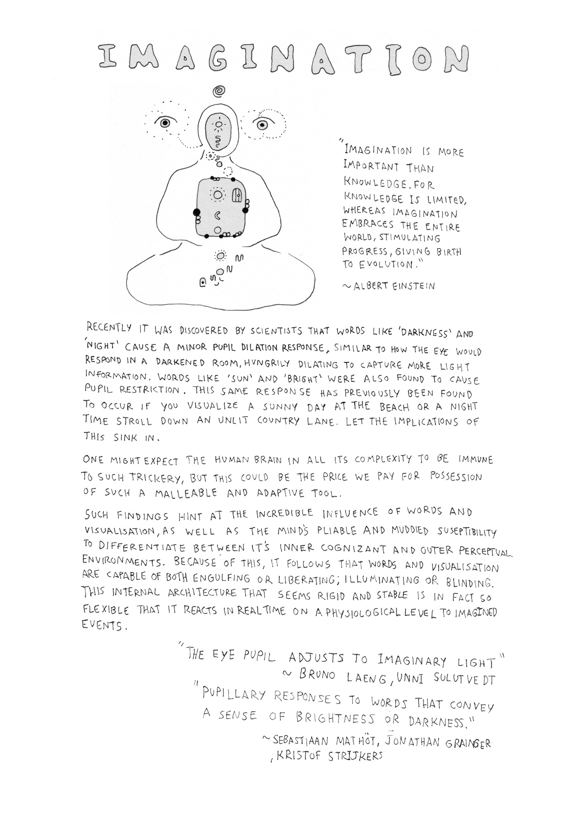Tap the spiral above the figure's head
(219, 92)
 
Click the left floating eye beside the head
(165, 123)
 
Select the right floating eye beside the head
(262, 125)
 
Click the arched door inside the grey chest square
(237, 195)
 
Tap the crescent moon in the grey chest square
(218, 216)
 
